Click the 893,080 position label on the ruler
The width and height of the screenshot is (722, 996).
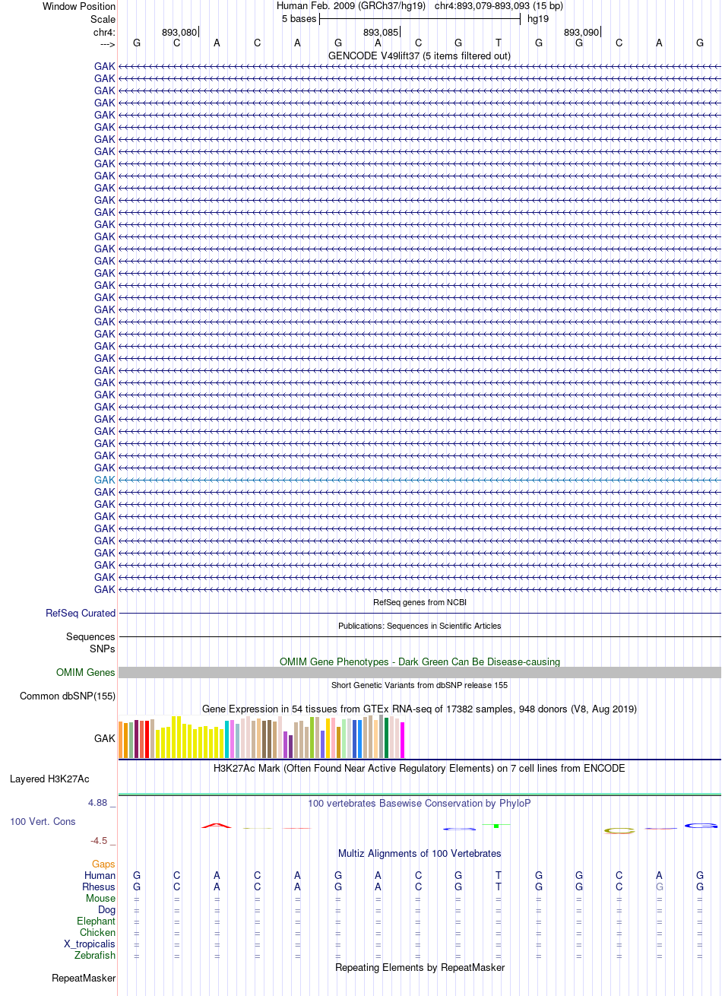(179, 33)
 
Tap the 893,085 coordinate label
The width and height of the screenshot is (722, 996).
(380, 33)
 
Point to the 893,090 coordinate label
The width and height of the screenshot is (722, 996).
(581, 33)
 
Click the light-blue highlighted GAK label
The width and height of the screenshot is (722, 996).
(104, 480)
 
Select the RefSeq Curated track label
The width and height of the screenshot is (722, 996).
(81, 613)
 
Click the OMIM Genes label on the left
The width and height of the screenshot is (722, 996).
(85, 672)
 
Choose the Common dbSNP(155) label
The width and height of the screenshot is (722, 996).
(68, 696)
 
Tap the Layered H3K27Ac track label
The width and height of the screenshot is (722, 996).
(49, 779)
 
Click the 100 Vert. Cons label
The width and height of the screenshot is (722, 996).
(43, 821)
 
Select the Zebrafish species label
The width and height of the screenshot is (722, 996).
(95, 955)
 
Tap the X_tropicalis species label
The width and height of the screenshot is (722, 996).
(90, 944)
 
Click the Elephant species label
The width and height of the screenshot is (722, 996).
(96, 921)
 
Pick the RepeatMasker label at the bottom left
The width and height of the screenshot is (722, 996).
(84, 978)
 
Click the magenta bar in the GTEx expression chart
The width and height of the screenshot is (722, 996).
(402, 740)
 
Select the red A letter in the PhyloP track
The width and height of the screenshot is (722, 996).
(217, 826)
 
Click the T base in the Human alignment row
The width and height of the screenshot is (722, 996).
(499, 875)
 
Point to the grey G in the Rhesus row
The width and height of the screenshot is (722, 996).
(660, 887)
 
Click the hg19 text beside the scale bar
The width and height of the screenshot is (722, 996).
(538, 19)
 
